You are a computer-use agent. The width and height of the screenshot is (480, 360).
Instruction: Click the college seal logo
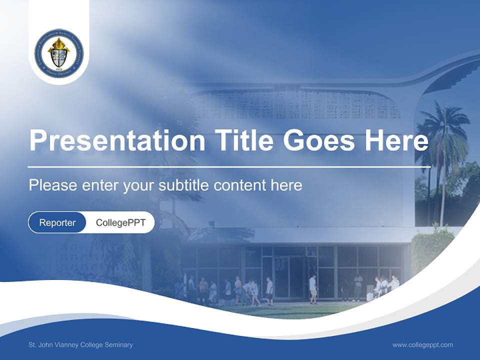[59, 53]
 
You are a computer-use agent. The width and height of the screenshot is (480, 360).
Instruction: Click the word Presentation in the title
[117, 140]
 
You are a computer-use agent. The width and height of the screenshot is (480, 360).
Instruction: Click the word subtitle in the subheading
[184, 185]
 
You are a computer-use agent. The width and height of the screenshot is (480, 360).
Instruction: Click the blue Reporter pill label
[57, 222]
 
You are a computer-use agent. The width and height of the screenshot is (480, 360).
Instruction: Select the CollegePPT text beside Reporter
[120, 222]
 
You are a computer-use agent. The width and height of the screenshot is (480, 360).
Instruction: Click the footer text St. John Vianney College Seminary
[80, 344]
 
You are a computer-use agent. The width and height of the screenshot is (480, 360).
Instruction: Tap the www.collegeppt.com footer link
[422, 344]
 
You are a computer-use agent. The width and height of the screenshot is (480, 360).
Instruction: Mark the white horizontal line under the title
[229, 166]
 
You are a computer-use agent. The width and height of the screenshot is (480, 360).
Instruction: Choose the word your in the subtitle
[139, 185]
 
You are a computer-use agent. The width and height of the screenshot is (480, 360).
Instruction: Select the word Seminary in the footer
[119, 344]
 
